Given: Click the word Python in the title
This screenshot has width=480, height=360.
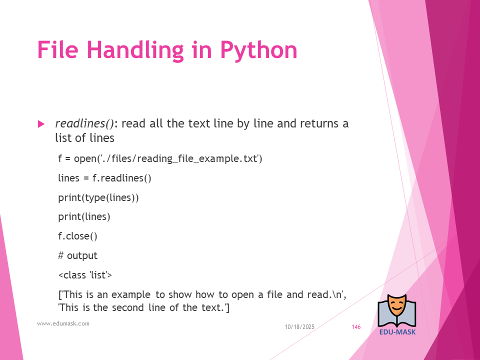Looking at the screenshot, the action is pyautogui.click(x=258, y=50).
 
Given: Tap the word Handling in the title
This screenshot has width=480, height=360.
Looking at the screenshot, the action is pyautogui.click(x=135, y=50).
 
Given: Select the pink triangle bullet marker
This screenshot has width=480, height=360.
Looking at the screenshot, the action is pyautogui.click(x=41, y=124).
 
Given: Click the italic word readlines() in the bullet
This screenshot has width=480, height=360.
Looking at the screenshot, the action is pyautogui.click(x=84, y=123).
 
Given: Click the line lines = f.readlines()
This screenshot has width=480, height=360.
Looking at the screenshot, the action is pyautogui.click(x=104, y=178).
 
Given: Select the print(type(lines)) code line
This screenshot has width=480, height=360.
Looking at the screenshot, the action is pyautogui.click(x=98, y=197).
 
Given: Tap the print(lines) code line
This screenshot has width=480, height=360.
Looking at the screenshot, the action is pyautogui.click(x=84, y=216).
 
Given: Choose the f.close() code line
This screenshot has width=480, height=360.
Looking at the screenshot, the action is pyautogui.click(x=78, y=236).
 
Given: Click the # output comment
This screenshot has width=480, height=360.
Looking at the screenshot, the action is pyautogui.click(x=78, y=255).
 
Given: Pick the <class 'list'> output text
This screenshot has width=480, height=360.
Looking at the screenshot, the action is pyautogui.click(x=85, y=275).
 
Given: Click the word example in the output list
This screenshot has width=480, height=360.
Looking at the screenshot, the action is pyautogui.click(x=130, y=294).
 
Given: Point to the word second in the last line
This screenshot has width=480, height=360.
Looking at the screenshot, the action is pyautogui.click(x=127, y=307).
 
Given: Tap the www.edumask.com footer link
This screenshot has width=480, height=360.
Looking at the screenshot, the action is pyautogui.click(x=63, y=323).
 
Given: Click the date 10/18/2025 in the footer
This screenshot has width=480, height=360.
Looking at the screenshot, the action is pyautogui.click(x=299, y=327).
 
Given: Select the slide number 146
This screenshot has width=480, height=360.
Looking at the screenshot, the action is pyautogui.click(x=356, y=327).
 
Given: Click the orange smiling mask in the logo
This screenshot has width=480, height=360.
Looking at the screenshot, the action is pyautogui.click(x=396, y=306).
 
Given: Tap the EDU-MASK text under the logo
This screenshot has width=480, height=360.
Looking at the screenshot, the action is pyautogui.click(x=397, y=332).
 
